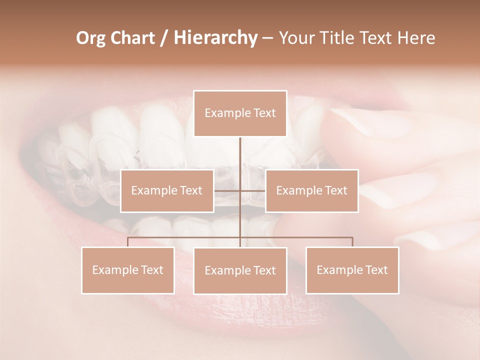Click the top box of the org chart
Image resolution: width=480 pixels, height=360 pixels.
click(240, 113)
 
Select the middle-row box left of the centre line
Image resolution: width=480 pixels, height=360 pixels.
click(167, 190)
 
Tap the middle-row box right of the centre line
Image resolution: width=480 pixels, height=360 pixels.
click(311, 190)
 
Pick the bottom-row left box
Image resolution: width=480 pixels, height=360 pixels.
click(128, 270)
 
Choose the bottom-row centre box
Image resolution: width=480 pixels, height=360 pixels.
click(240, 270)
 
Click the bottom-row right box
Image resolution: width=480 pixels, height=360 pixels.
click(352, 270)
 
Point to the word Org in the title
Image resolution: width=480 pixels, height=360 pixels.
click(90, 38)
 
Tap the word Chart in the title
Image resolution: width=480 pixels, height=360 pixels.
click(132, 38)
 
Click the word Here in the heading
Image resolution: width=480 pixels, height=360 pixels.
click(416, 38)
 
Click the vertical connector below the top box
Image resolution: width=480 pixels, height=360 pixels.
click(240, 160)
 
